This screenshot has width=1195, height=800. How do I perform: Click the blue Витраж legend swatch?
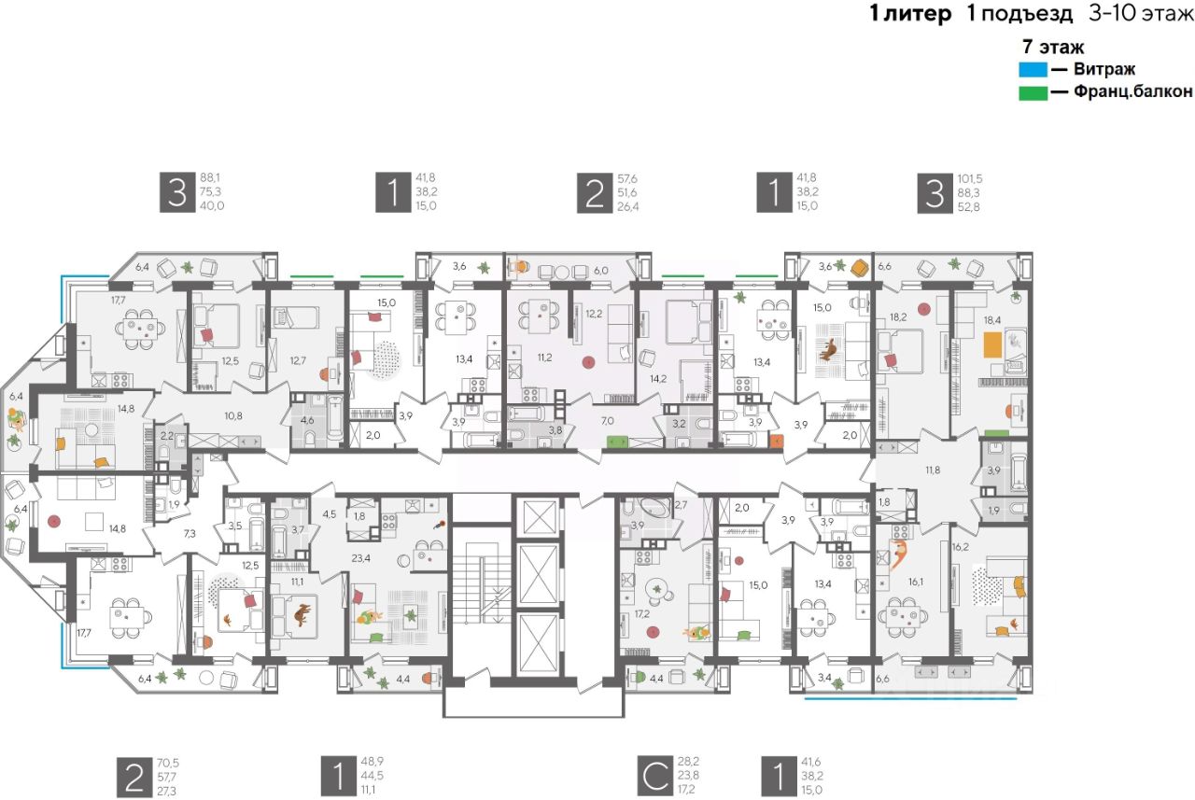click(x=1033, y=69)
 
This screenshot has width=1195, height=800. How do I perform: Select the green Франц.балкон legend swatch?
click(x=1033, y=92)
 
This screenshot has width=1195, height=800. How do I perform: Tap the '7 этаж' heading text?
click(x=1053, y=48)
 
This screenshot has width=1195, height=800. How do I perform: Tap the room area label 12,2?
click(x=594, y=314)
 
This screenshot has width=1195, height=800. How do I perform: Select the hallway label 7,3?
click(x=189, y=534)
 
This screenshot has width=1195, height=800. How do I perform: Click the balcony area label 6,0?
click(x=601, y=270)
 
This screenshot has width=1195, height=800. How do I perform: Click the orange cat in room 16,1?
click(x=897, y=554)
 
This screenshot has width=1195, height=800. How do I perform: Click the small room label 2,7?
click(x=681, y=505)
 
